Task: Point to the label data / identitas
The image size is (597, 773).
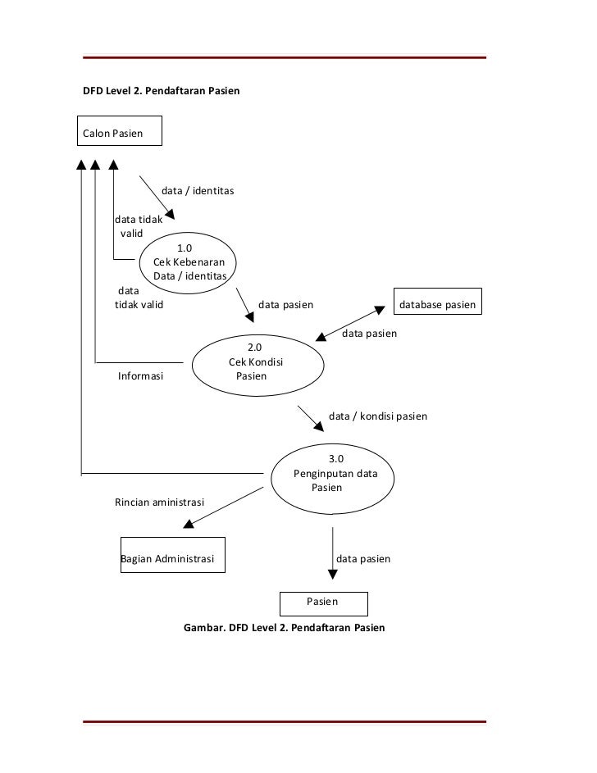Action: (198, 191)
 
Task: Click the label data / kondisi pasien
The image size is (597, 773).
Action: (378, 416)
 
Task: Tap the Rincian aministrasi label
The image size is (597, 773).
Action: (159, 502)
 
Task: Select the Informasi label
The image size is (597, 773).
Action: (140, 376)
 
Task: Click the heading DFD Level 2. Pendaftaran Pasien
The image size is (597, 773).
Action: (162, 91)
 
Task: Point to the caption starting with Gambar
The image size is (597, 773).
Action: (284, 628)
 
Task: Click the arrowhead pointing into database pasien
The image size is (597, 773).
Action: (380, 310)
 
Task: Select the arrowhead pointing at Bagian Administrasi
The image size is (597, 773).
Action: (189, 524)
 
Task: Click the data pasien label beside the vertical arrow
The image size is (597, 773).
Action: (363, 559)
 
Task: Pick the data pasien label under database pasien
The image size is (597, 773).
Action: (369, 334)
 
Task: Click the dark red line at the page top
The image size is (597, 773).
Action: (285, 57)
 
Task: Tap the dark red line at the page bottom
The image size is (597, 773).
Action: (285, 721)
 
